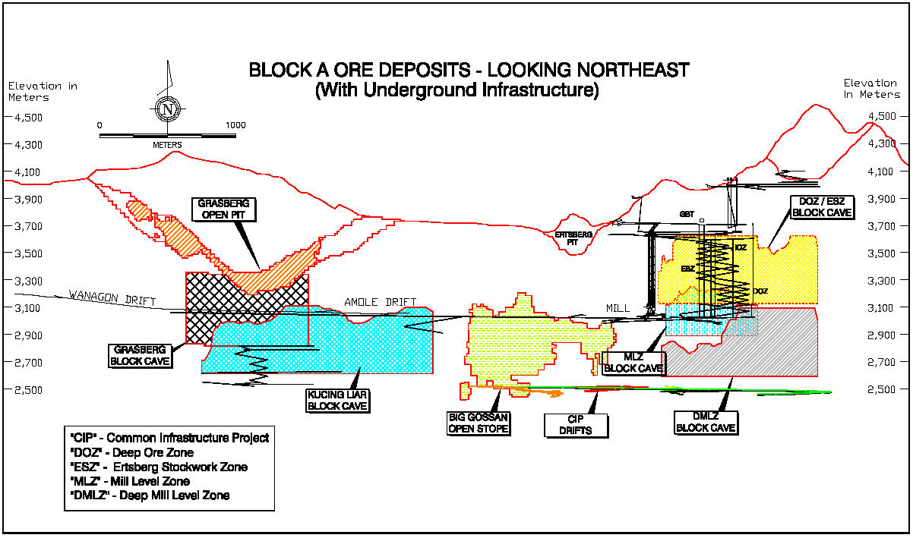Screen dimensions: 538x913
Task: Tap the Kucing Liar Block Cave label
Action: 337,400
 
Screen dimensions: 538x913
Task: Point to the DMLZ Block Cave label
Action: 706,422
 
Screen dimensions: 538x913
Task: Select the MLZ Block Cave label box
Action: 633,363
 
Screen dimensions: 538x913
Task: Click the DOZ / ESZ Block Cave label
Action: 822,207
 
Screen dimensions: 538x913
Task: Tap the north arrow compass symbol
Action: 166,109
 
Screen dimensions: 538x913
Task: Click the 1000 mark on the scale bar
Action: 235,124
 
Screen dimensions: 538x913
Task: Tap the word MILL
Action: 618,308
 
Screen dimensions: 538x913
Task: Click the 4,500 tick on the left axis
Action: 27,117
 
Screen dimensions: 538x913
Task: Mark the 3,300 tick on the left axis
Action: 27,281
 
